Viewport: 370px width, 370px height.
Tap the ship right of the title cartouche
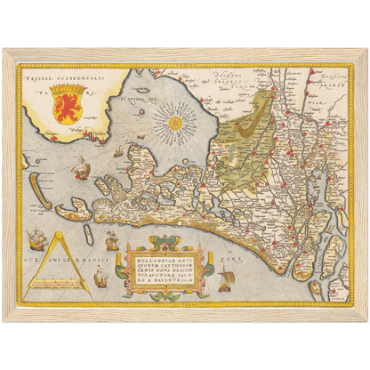point(227,281)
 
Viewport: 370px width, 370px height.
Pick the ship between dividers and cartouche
point(109,240)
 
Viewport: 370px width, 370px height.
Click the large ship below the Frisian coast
point(81,165)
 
